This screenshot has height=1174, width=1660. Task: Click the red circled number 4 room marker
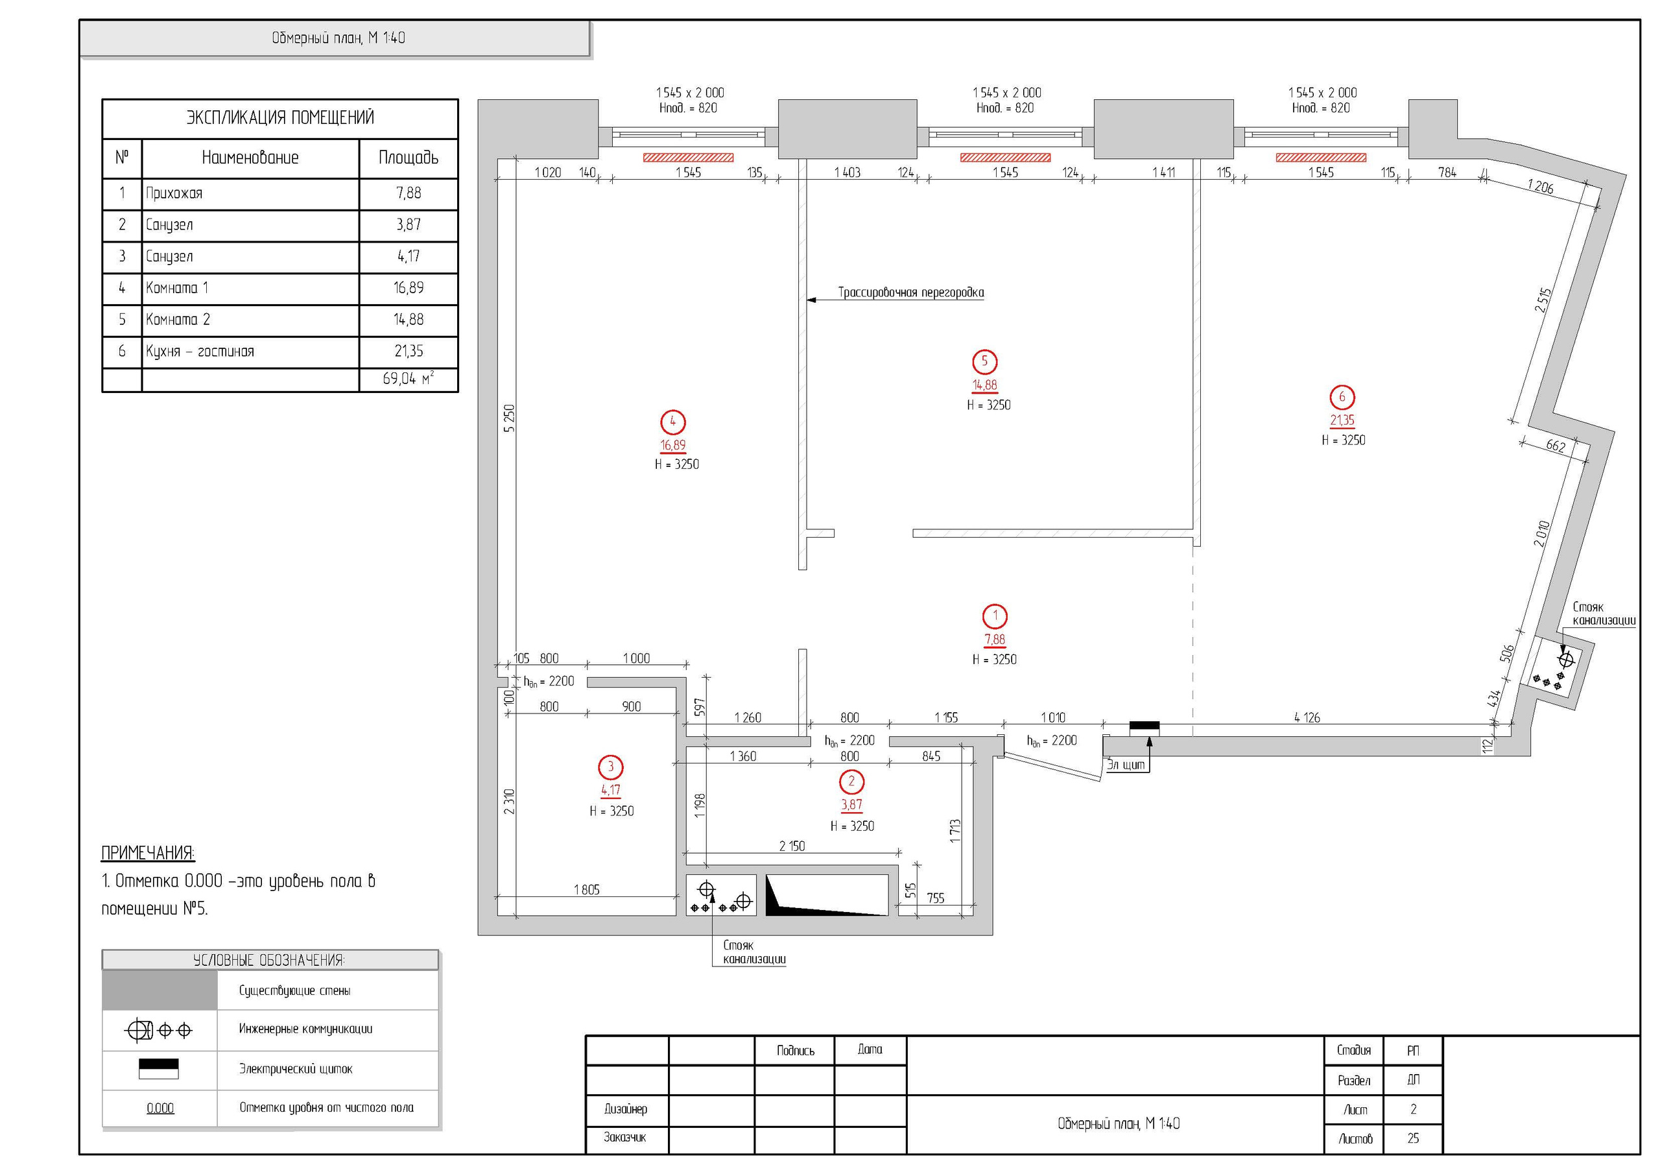click(672, 422)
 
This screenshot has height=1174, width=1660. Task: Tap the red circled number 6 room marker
click(1342, 396)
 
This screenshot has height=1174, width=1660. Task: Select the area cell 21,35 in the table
click(409, 352)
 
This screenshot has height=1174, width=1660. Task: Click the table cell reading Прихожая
click(250, 193)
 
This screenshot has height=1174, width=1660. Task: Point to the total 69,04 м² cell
click(409, 379)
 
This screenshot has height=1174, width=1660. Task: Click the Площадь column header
click(409, 158)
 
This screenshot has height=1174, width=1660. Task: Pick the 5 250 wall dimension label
click(509, 418)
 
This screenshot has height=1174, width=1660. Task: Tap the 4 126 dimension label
click(1307, 717)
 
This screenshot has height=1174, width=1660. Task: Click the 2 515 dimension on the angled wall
click(1543, 300)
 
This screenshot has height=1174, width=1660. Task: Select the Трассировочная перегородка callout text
click(911, 293)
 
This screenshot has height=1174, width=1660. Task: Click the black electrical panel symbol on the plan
click(1144, 726)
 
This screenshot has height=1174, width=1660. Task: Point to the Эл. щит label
click(1126, 765)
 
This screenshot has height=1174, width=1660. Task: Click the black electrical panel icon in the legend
click(158, 1068)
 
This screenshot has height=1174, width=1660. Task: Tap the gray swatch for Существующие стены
click(160, 990)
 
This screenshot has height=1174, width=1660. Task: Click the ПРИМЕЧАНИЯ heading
click(147, 853)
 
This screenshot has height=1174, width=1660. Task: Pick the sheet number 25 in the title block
click(1413, 1138)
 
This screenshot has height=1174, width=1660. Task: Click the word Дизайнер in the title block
click(625, 1108)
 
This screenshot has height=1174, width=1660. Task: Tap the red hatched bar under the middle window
click(1005, 157)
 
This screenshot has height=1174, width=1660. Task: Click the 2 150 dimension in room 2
click(792, 846)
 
